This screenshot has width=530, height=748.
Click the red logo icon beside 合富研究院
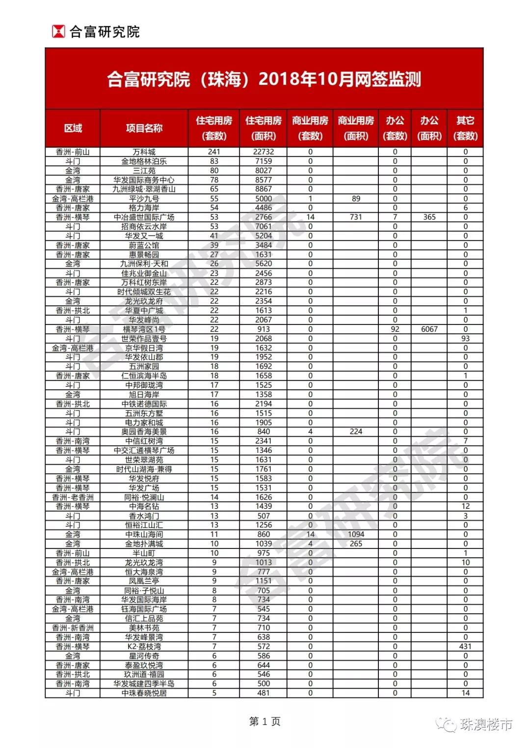(58, 32)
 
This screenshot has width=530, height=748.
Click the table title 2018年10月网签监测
(264, 79)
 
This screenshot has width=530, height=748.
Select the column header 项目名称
(144, 128)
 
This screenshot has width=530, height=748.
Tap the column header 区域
(73, 128)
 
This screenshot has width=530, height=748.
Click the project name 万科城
(144, 152)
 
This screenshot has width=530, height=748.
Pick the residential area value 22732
(264, 152)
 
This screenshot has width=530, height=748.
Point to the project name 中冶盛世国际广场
(144, 217)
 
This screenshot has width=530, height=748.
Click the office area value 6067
(429, 329)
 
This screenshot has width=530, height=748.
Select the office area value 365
(429, 217)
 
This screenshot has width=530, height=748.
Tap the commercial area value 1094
(356, 535)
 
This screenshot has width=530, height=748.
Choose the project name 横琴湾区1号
(144, 329)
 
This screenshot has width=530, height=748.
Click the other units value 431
(465, 647)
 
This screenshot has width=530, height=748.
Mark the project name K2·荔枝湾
(144, 647)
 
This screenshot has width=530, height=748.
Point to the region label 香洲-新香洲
(73, 628)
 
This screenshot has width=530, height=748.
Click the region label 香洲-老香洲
(73, 498)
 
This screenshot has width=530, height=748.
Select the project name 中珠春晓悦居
(144, 693)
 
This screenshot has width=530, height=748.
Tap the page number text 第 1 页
(265, 721)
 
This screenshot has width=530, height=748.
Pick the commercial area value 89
(356, 199)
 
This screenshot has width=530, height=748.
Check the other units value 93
(465, 339)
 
